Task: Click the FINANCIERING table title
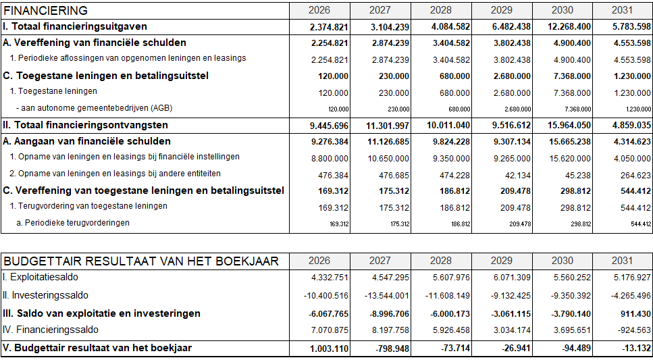46,11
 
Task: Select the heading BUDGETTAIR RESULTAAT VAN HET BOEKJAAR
140,261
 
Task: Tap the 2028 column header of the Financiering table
440,11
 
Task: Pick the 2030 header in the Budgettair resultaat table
562,261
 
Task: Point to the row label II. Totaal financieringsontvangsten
85,126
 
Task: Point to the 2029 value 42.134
517,174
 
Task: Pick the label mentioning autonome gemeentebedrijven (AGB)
95,108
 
